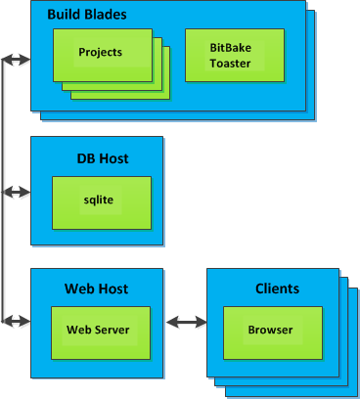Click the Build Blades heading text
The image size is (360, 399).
pyautogui.click(x=87, y=16)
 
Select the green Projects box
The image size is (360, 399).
pyautogui.click(x=101, y=53)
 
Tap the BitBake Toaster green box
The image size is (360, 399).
pyautogui.click(x=230, y=55)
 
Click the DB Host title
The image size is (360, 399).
pyautogui.click(x=103, y=158)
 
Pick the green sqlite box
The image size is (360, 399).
pyautogui.click(x=101, y=200)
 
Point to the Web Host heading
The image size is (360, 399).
pyautogui.click(x=96, y=288)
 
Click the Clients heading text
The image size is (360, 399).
pyautogui.click(x=277, y=288)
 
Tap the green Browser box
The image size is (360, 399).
pyautogui.click(x=270, y=331)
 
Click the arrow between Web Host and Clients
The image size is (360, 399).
pyautogui.click(x=187, y=321)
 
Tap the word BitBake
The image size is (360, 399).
pyautogui.click(x=230, y=47)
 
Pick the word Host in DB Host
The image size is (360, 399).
pyautogui.click(x=114, y=158)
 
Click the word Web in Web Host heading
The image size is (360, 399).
pyautogui.click(x=78, y=288)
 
